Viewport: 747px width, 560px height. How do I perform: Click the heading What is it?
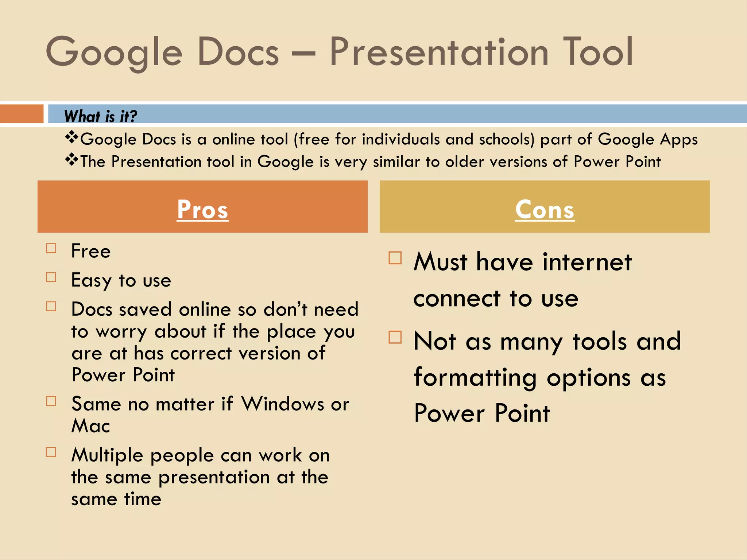pos(100,116)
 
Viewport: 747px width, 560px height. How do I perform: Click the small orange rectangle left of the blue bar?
pos(22,114)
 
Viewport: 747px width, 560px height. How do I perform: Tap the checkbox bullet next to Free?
pos(51,248)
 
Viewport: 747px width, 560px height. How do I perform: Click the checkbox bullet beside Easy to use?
pos(51,277)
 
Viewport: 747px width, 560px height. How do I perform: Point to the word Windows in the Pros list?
pos(283,404)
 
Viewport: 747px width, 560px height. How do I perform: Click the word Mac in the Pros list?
pos(90,426)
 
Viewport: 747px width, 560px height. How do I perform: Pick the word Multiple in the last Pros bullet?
pos(107,456)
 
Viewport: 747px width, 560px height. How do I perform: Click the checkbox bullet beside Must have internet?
pos(395,258)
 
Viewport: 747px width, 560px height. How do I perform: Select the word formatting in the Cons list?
pos(475,378)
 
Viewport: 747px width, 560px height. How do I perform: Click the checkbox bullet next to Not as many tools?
pos(395,337)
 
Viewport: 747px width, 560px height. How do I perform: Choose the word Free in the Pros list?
pos(91,251)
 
